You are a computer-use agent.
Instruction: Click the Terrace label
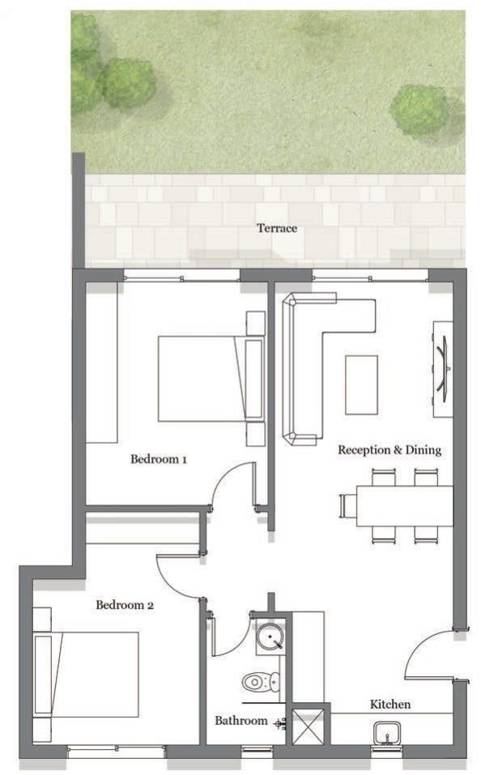pos(277,228)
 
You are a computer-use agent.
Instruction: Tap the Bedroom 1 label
pos(159,459)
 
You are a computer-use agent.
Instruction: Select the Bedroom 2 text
pos(125,604)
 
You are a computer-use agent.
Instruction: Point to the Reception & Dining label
pos(389,450)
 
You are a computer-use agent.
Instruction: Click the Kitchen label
pos(390,705)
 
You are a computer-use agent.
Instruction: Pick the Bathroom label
pos(241,721)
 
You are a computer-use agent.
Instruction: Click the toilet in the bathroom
pos(262,683)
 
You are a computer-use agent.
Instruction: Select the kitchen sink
pos(387,733)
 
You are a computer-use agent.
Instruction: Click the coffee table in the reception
pos(361,385)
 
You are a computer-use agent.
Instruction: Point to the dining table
pos(404,506)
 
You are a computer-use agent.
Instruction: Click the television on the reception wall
pos(443,368)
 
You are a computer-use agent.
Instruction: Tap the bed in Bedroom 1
pos(211,379)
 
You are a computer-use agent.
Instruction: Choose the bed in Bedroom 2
pos(86,674)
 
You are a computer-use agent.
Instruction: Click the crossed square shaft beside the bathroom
pos(308,726)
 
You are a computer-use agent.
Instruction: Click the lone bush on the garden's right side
pos(421,110)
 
